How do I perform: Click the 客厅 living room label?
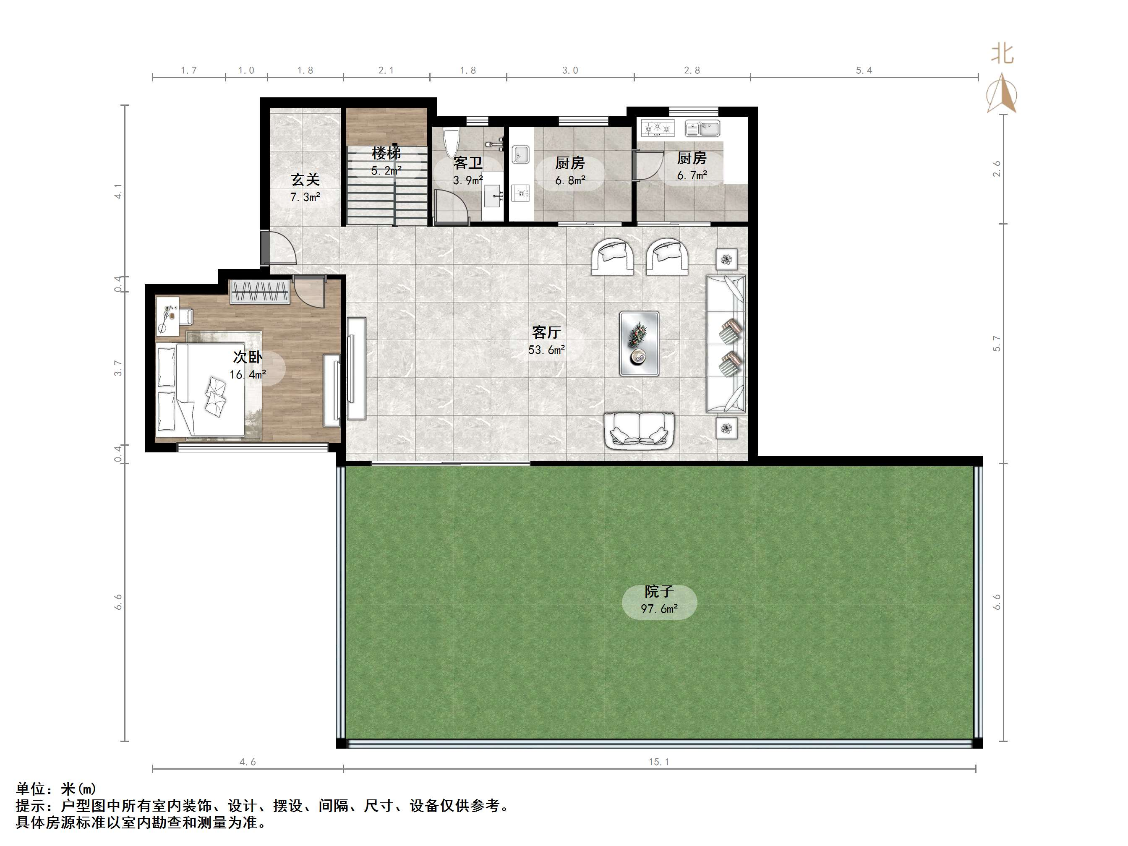546,332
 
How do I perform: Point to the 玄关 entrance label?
305,180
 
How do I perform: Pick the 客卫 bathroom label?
467,163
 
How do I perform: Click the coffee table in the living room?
639,344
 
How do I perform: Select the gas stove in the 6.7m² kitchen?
657,128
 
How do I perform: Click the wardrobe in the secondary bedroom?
261,292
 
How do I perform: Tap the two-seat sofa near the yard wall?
639,431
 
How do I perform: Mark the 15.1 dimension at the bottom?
659,762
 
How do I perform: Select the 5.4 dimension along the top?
864,70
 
